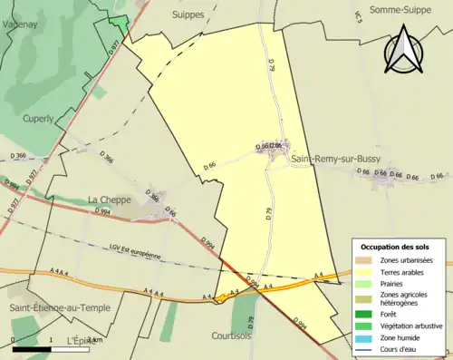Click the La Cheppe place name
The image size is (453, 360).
109,199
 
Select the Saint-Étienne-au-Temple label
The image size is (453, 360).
60,307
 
